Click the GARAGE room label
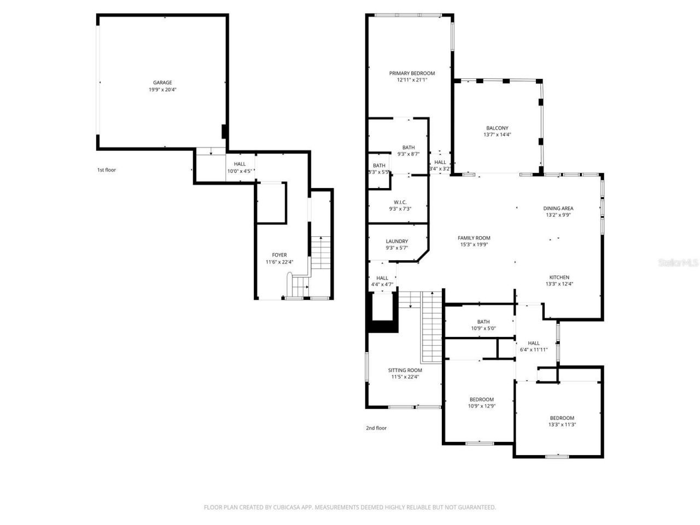click(x=162, y=83)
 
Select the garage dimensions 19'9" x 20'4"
click(x=162, y=90)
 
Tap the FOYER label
click(x=279, y=255)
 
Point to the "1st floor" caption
click(x=107, y=170)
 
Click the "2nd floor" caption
click(x=376, y=428)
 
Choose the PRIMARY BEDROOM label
click(x=412, y=73)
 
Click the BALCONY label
click(x=497, y=128)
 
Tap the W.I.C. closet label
click(x=400, y=202)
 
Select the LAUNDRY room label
click(x=396, y=241)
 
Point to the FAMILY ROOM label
click(x=474, y=238)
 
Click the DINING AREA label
click(x=558, y=208)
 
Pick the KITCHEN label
click(x=559, y=277)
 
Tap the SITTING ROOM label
click(x=405, y=370)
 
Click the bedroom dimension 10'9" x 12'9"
click(x=481, y=406)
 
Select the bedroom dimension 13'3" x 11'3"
click(x=562, y=424)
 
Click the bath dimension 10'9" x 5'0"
click(x=483, y=329)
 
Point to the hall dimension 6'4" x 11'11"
click(x=533, y=349)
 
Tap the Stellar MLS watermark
click(x=678, y=262)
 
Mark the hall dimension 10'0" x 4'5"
click(x=240, y=171)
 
